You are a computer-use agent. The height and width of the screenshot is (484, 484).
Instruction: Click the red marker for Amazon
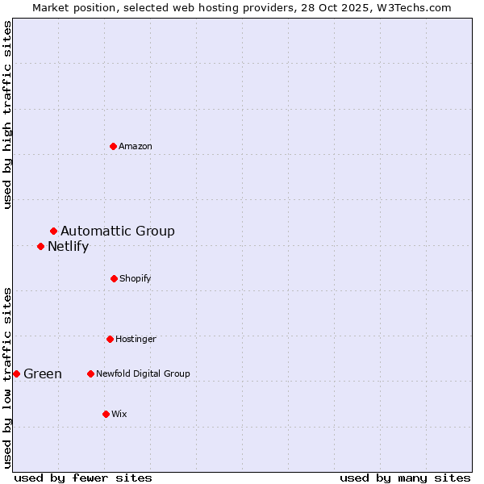113,146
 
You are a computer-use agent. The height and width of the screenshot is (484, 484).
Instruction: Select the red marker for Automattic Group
53,232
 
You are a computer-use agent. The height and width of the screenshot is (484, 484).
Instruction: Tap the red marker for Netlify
40,246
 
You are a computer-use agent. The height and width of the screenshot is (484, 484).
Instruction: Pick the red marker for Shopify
114,278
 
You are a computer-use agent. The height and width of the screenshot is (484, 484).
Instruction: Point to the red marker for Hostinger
110,339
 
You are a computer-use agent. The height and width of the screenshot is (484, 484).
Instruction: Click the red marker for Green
16,373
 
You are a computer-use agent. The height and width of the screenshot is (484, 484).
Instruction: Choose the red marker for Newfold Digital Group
90,373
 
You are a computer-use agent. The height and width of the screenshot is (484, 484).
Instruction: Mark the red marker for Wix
106,414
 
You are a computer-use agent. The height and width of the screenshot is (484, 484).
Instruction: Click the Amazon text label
136,146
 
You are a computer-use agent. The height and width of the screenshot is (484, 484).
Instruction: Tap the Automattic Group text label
118,232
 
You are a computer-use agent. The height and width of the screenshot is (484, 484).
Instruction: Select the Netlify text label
68,247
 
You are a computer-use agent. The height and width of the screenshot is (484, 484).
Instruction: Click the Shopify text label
136,278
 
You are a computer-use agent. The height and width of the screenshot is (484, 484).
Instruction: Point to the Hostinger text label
136,339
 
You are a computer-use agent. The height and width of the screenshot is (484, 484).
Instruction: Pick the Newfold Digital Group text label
143,373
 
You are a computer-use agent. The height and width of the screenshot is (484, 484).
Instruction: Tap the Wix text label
119,414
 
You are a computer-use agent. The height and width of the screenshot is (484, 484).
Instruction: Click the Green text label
43,374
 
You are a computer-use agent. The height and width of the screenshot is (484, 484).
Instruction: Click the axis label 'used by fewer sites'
83,478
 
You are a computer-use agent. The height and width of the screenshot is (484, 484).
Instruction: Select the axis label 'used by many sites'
405,478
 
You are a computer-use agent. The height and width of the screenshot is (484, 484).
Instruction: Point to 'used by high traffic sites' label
7,115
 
